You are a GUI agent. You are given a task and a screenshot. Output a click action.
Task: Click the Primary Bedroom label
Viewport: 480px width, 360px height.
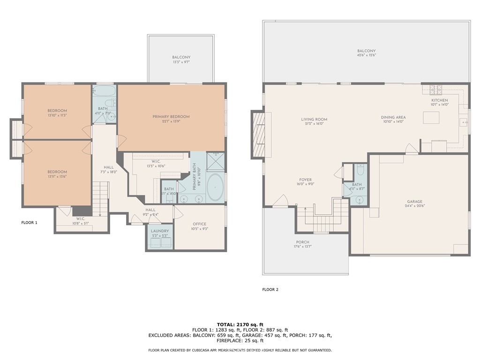[x=171, y=116]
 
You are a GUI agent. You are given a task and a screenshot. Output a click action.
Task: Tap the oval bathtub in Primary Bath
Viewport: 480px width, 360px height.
[x=216, y=187]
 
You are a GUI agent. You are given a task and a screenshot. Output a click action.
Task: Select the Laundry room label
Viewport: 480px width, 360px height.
[x=159, y=231]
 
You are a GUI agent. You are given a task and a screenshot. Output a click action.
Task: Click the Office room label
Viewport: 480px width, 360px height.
[x=199, y=224]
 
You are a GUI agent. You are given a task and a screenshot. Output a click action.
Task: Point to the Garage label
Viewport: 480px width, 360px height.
[x=414, y=202]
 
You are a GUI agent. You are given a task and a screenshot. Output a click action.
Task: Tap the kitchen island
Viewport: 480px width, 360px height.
[x=431, y=117]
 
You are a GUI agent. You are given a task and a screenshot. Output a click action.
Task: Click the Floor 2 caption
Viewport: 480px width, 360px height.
[x=270, y=289]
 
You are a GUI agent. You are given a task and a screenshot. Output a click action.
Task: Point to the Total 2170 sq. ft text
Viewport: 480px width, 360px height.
[x=240, y=324]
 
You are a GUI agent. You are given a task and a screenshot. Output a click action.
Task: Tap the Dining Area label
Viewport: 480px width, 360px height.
[x=393, y=117]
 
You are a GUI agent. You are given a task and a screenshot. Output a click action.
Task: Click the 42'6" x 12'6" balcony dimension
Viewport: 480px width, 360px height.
[x=366, y=55]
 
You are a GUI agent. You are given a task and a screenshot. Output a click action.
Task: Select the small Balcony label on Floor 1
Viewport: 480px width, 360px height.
[x=181, y=57]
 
